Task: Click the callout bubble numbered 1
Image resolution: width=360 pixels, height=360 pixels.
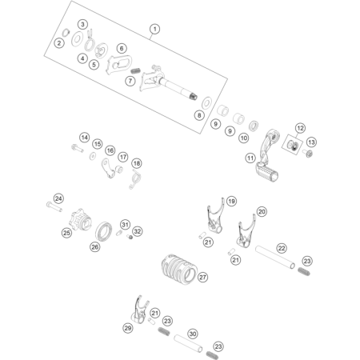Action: pos(154,29)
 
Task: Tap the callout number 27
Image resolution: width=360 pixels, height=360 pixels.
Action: pos(202,278)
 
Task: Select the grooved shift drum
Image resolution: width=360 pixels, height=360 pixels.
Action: pos(179,270)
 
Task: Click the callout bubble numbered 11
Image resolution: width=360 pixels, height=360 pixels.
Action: pos(250,158)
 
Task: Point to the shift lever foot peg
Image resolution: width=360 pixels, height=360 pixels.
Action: pos(267,173)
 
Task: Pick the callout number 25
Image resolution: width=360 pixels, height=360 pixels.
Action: pos(66,233)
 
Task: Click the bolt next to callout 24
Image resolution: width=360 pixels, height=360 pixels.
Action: pos(54,206)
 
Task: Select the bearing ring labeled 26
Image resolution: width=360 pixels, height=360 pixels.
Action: pos(103,231)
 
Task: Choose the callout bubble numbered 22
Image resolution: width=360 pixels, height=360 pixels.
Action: pos(282,248)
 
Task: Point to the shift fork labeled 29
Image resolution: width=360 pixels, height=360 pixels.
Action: pos(140,310)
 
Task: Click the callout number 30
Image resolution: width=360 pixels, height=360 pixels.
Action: pos(193,334)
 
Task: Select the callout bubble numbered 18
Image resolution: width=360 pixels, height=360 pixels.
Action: pos(137,163)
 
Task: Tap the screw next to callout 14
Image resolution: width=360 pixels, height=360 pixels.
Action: pos(78,148)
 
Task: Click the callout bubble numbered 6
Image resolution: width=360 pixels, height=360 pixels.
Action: pos(122,48)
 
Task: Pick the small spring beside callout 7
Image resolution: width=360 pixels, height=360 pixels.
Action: pos(136,71)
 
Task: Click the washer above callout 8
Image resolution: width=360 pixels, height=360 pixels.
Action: pos(206,103)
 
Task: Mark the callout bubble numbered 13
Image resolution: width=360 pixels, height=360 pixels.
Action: pos(311,142)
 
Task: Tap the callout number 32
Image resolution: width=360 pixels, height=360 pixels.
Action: pos(137,231)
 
